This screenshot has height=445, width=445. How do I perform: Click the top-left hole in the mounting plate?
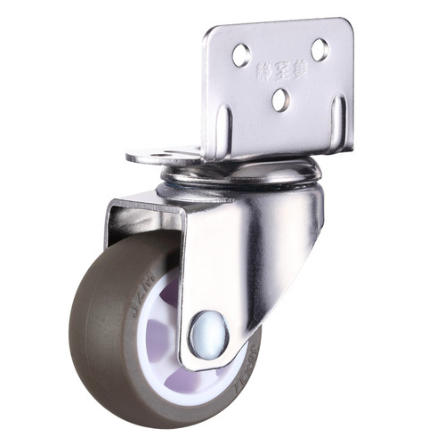coord(241,56)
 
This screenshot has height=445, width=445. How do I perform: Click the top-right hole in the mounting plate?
coord(319,50)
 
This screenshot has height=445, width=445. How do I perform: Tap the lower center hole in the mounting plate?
coord(280,100)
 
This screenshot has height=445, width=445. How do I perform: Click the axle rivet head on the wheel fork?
coord(207,335)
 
